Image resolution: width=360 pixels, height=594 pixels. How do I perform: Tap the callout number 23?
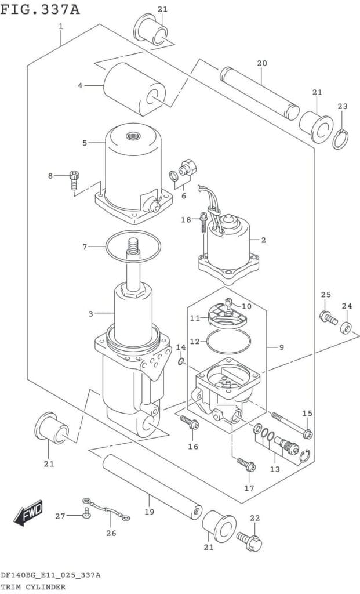point(343,106)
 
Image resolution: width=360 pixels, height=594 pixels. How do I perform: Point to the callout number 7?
point(85,247)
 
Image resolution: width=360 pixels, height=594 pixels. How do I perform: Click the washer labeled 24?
point(346,328)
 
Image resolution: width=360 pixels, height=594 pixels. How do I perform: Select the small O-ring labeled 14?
point(181,362)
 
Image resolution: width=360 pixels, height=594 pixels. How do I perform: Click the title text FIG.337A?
point(40,10)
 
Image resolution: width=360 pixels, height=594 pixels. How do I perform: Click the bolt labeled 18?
point(203,222)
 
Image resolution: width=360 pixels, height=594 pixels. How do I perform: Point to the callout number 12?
point(195,342)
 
